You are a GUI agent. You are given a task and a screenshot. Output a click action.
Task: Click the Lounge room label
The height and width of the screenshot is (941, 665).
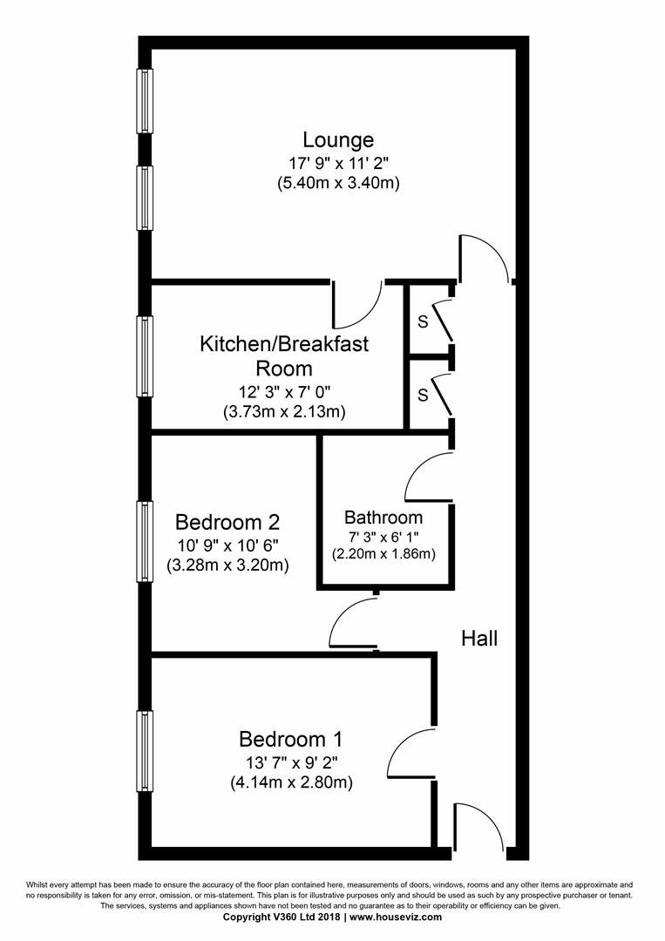tap(338, 139)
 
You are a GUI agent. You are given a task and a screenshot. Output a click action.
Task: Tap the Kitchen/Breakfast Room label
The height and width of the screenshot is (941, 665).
tap(284, 355)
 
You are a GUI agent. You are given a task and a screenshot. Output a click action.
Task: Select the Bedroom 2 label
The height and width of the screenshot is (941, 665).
tap(227, 522)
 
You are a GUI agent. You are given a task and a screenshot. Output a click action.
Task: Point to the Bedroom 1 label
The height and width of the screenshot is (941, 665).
tap(291, 738)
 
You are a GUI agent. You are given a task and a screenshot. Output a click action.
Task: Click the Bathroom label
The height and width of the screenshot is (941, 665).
tap(383, 518)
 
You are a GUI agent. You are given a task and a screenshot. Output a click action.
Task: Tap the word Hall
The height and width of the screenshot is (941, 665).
tap(479, 638)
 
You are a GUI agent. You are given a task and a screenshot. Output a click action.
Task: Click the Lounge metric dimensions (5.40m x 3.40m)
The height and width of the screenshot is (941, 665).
tap(338, 182)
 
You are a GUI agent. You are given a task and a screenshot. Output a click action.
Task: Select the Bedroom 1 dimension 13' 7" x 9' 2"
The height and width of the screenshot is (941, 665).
tap(291, 763)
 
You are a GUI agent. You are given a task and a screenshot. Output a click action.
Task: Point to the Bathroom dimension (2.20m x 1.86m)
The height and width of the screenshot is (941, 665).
tap(383, 553)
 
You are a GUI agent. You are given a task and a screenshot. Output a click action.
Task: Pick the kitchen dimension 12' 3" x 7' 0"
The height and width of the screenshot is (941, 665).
tap(284, 392)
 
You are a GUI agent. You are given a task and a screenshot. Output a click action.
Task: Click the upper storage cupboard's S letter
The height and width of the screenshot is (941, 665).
tap(423, 322)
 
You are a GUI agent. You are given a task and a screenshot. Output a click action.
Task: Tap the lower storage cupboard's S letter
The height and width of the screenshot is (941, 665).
tap(423, 395)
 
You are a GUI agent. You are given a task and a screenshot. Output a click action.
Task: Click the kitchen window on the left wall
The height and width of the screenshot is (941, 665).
tap(145, 355)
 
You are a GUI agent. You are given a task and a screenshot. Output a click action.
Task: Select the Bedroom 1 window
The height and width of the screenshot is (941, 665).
tap(145, 751)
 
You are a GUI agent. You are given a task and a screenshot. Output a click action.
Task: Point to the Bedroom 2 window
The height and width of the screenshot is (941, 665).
tap(145, 541)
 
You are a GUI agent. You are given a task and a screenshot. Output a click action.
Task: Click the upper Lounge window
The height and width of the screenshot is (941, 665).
tap(145, 100)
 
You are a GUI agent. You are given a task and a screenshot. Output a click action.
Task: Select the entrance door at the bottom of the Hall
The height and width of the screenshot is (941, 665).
tap(480, 825)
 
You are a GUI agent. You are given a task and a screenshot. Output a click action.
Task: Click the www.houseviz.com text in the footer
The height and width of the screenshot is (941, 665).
tap(396, 917)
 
